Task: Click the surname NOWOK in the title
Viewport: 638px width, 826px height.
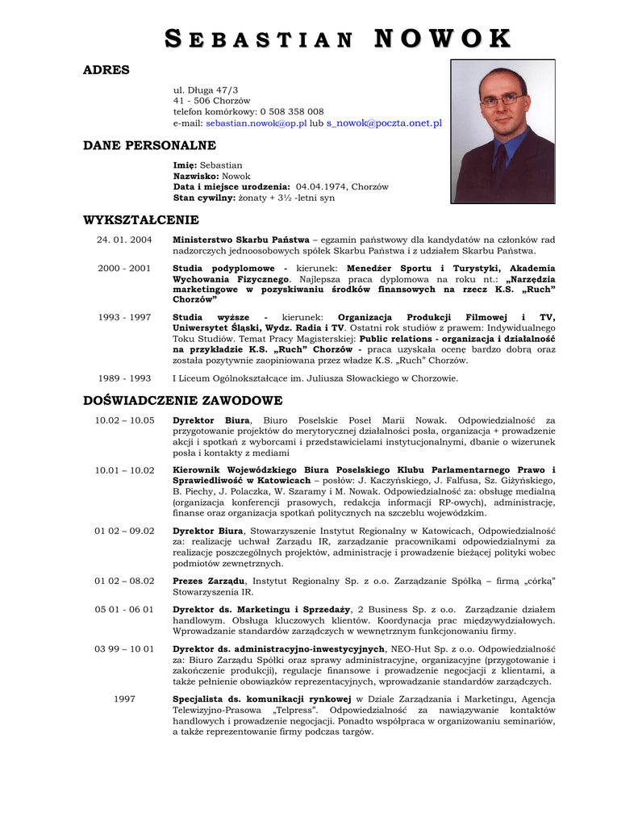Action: (x=443, y=39)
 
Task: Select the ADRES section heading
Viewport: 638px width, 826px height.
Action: (x=106, y=70)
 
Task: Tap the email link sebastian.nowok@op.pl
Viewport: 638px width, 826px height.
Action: (x=256, y=123)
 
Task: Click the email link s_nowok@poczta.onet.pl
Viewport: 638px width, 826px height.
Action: (x=384, y=123)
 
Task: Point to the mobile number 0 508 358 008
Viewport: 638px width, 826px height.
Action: (x=292, y=112)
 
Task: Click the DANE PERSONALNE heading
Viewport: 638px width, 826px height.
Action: (x=150, y=145)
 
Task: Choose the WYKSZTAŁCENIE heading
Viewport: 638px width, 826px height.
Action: (x=141, y=220)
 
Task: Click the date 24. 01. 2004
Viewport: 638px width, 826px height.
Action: (x=124, y=240)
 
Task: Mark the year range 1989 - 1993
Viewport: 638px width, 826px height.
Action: (x=124, y=378)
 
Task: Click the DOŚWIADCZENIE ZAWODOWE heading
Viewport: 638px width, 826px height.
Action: (x=183, y=401)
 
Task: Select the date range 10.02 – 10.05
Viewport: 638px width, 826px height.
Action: (x=124, y=420)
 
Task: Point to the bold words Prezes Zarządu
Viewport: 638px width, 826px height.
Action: (x=209, y=581)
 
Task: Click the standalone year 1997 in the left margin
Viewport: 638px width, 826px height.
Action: (x=125, y=699)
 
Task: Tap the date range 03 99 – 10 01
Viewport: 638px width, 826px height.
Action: (x=124, y=649)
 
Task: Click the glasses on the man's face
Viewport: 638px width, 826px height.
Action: (x=501, y=100)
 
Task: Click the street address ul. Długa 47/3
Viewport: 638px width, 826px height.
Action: (x=206, y=90)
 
